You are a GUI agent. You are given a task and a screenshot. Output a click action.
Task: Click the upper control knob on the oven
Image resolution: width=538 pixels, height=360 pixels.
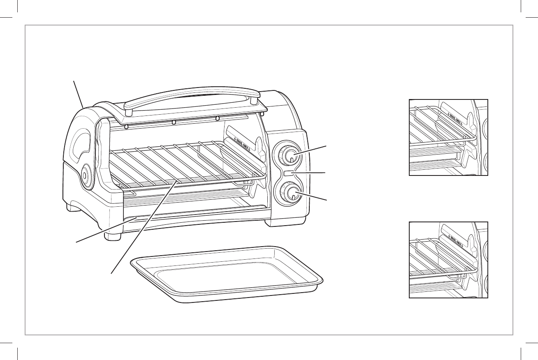click(x=289, y=155)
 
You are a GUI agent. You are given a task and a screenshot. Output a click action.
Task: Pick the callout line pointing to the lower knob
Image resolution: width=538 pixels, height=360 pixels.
click(x=313, y=197)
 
